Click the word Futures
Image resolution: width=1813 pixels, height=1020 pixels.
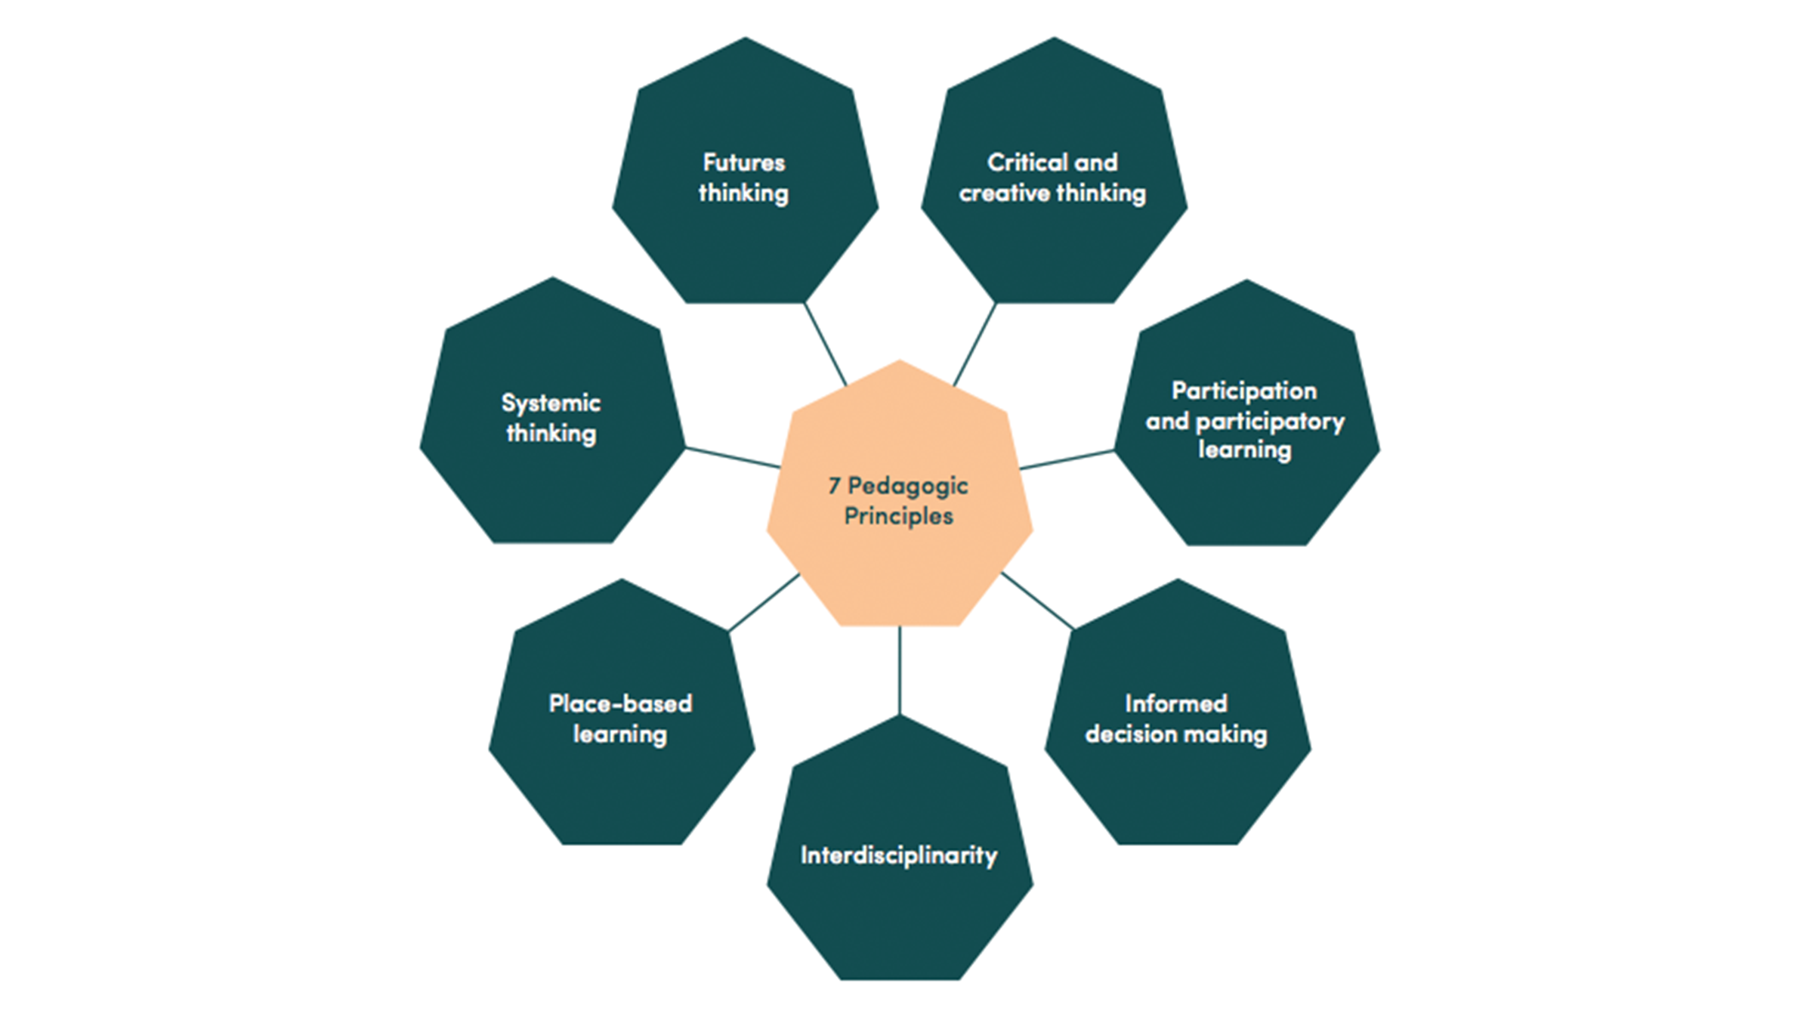tap(744, 162)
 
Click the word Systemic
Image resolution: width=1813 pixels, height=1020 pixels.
tap(551, 403)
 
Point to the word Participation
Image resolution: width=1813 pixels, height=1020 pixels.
tap(1244, 391)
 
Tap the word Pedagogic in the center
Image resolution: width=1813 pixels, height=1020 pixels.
tap(907, 486)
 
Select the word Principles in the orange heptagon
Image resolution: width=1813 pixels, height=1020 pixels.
tap(898, 516)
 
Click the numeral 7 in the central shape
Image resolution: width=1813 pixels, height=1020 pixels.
tap(834, 486)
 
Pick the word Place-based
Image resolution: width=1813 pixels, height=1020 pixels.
tap(620, 704)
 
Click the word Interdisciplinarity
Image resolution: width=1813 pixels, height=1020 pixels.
tap(899, 855)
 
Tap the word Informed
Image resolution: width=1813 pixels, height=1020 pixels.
tap(1176, 704)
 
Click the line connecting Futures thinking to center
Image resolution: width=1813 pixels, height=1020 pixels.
tap(826, 345)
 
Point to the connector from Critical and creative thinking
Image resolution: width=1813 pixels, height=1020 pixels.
tap(974, 345)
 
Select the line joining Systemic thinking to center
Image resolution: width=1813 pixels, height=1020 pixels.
tap(733, 458)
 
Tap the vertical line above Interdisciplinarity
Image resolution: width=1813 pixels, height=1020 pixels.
tap(900, 671)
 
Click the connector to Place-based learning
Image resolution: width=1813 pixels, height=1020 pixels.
tap(764, 602)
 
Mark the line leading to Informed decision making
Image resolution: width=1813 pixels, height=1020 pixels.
tap(1036, 601)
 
